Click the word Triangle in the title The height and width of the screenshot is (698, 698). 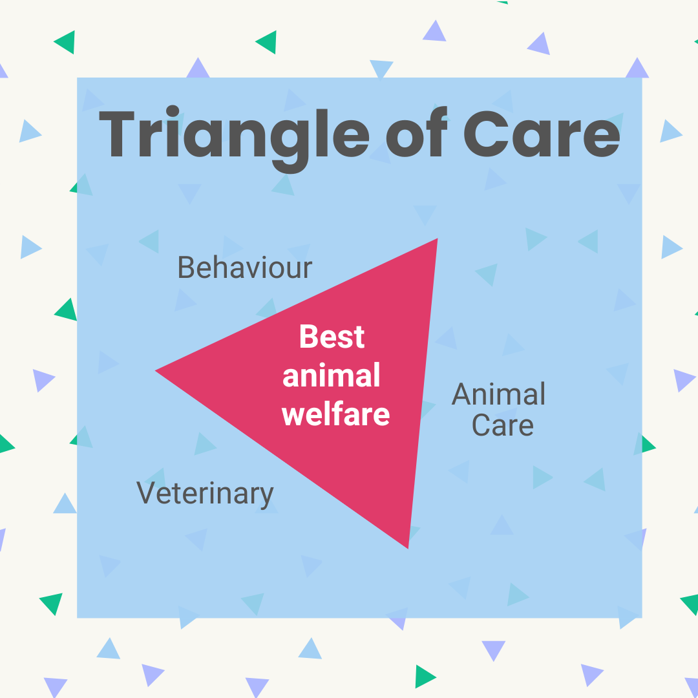click(x=233, y=134)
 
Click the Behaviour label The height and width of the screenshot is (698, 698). click(x=244, y=267)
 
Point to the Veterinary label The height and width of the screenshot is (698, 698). click(x=205, y=494)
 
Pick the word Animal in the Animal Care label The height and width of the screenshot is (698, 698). click(x=498, y=394)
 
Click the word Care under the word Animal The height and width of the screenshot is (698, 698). click(x=502, y=425)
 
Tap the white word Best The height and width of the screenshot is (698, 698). click(x=332, y=337)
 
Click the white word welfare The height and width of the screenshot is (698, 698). click(x=336, y=414)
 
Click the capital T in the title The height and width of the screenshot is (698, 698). click(x=123, y=134)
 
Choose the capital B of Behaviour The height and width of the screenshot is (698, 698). click(x=185, y=267)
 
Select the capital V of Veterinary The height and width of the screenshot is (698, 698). click(x=146, y=493)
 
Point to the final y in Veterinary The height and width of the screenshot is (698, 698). click(x=266, y=498)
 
